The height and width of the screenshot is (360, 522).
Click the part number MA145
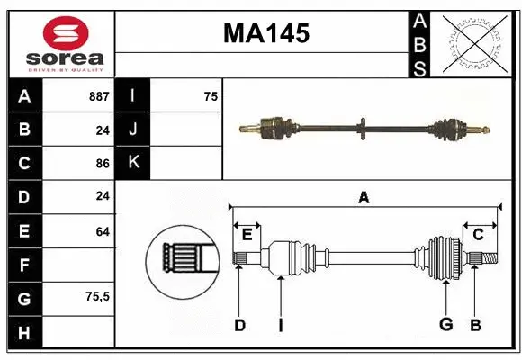[x=265, y=34]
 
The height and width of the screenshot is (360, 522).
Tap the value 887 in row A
[x=99, y=96]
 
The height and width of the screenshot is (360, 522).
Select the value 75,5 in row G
[x=96, y=296]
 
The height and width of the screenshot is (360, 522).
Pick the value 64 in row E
[x=102, y=231]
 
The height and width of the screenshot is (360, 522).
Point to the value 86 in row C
[x=102, y=164]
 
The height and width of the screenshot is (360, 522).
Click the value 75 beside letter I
[x=211, y=96]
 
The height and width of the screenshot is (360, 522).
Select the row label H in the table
[x=23, y=334]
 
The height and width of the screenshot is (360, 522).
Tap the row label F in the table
[x=23, y=265]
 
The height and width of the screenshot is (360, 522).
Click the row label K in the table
[x=133, y=163]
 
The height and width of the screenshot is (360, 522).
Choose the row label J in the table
[x=133, y=130]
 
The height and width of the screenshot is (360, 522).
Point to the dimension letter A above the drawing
[x=364, y=198]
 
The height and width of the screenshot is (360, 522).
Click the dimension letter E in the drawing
[x=247, y=235]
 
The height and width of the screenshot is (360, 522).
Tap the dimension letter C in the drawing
[x=478, y=235]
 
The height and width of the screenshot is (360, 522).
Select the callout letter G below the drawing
[x=445, y=325]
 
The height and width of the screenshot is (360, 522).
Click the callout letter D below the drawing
[x=239, y=325]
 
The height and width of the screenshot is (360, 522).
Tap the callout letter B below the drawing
[x=475, y=325]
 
